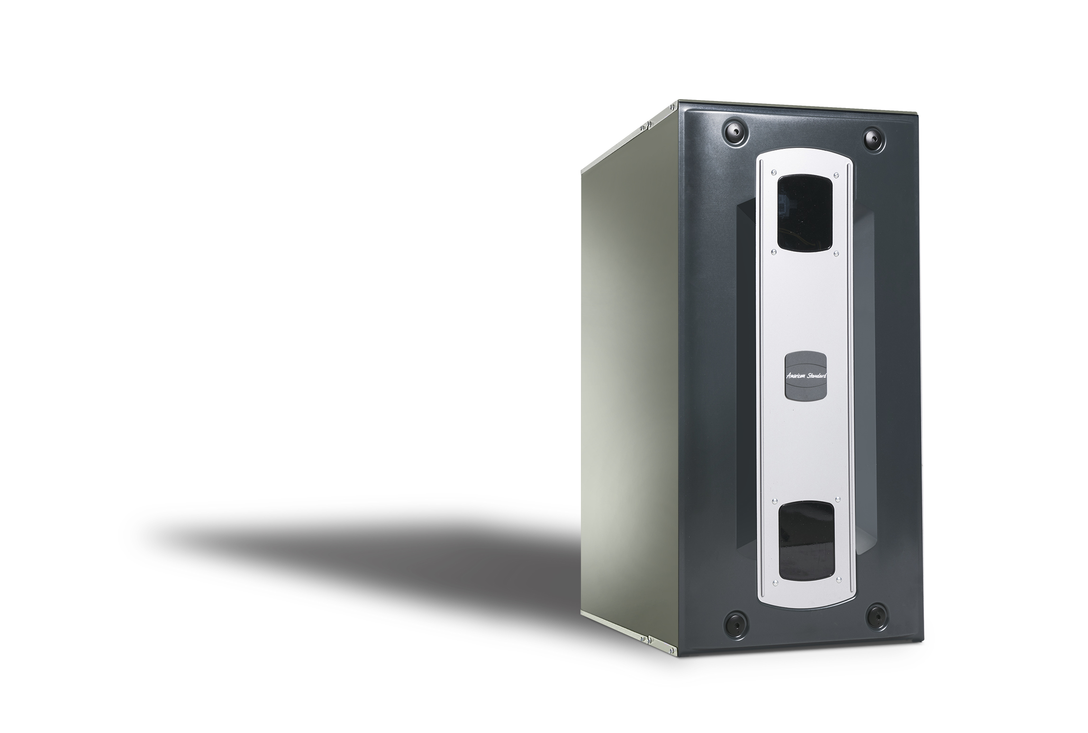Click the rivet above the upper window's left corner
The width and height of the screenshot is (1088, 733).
774,172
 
